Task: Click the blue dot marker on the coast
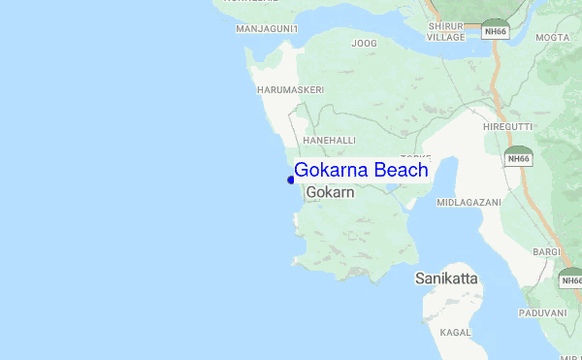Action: (x=291, y=180)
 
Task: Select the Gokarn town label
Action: (x=330, y=193)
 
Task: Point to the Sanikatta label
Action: (x=446, y=278)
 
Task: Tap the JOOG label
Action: (x=364, y=44)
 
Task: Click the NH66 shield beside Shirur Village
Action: (x=495, y=31)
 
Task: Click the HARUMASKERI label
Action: (x=290, y=89)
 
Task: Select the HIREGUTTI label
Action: (x=507, y=127)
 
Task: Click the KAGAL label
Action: (x=455, y=332)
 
